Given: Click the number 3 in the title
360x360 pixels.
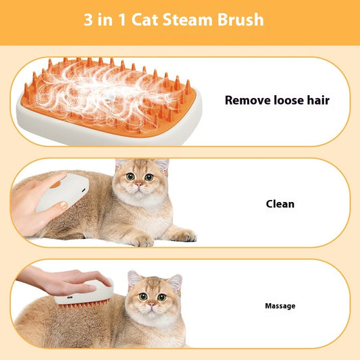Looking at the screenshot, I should point(88,20).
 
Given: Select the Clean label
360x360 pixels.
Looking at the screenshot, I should point(280,203).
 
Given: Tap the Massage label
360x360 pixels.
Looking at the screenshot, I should point(280,306).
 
